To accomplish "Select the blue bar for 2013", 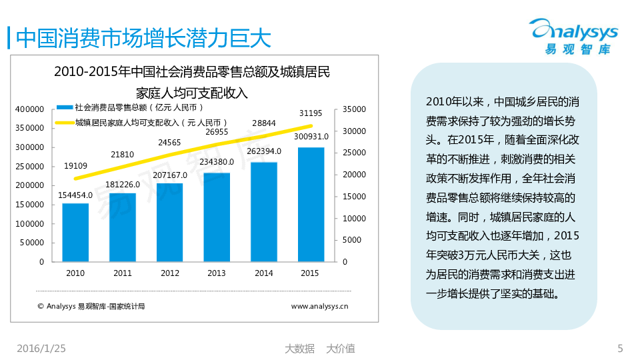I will point(217,217).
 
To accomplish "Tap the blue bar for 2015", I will point(310,204).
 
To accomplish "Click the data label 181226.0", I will point(123,185).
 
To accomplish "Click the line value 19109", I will point(75,165).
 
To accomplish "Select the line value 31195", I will point(311,112).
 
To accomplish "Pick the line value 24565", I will point(169,142).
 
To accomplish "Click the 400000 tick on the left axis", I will point(29,109).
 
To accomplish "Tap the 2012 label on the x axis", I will point(170,273).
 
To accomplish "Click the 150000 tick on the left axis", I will point(29,205).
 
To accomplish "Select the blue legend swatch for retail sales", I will point(65,107).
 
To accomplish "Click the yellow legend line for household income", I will point(65,122).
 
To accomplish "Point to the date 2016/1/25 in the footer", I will point(41,348).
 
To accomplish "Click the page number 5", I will point(620,348).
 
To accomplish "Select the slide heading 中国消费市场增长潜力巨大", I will point(143,38).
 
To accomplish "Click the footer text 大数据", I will point(299,348).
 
